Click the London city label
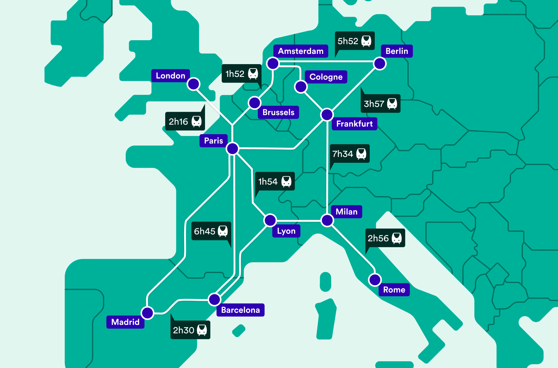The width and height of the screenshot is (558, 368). click(170, 76)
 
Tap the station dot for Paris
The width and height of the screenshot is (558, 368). click(232, 149)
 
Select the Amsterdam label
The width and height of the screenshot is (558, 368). click(300, 51)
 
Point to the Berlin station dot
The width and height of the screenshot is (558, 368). click(380, 64)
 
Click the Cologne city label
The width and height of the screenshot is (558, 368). click(326, 77)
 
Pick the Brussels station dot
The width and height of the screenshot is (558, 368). click(254, 103)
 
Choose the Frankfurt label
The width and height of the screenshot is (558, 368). click(354, 124)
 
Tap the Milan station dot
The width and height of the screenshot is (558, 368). click(327, 220)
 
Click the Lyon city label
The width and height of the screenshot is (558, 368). click(286, 231)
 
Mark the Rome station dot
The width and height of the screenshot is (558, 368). click(375, 280)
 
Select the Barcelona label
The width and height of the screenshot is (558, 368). click(240, 310)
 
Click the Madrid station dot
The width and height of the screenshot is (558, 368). click(147, 313)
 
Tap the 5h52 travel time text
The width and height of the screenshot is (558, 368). click(348, 41)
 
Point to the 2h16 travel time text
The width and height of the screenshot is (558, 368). click(178, 121)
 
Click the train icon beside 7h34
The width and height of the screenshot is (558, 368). click(361, 153)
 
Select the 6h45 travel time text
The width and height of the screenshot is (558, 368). click(204, 231)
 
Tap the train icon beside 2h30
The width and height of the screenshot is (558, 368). click(202, 330)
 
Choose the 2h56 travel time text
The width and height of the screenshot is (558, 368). click(378, 238)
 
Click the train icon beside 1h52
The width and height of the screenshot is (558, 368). click(253, 74)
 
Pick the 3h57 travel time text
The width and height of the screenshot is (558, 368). click(374, 104)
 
